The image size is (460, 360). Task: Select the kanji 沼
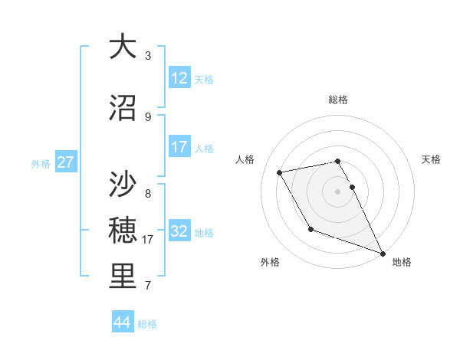pyautogui.click(x=123, y=108)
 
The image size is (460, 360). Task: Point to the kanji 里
pyautogui.click(x=123, y=277)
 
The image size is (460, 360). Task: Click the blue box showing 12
pyautogui.click(x=179, y=77)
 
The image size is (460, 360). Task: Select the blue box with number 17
pyautogui.click(x=179, y=146)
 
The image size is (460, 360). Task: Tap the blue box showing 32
pyautogui.click(x=179, y=231)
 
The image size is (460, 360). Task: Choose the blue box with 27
pyautogui.click(x=65, y=162)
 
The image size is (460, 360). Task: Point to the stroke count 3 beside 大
pyautogui.click(x=148, y=56)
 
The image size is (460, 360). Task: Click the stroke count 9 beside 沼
pyautogui.click(x=148, y=117)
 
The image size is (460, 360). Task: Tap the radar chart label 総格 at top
pyautogui.click(x=337, y=100)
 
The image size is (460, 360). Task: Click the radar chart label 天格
pyautogui.click(x=431, y=159)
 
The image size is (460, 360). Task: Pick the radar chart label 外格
pyautogui.click(x=270, y=262)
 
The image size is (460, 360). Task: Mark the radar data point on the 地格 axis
pyautogui.click(x=383, y=254)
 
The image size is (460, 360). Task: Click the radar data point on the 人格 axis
pyautogui.click(x=280, y=172)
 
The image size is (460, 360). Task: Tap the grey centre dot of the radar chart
pyautogui.click(x=337, y=191)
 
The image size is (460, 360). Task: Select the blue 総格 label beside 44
pyautogui.click(x=147, y=324)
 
